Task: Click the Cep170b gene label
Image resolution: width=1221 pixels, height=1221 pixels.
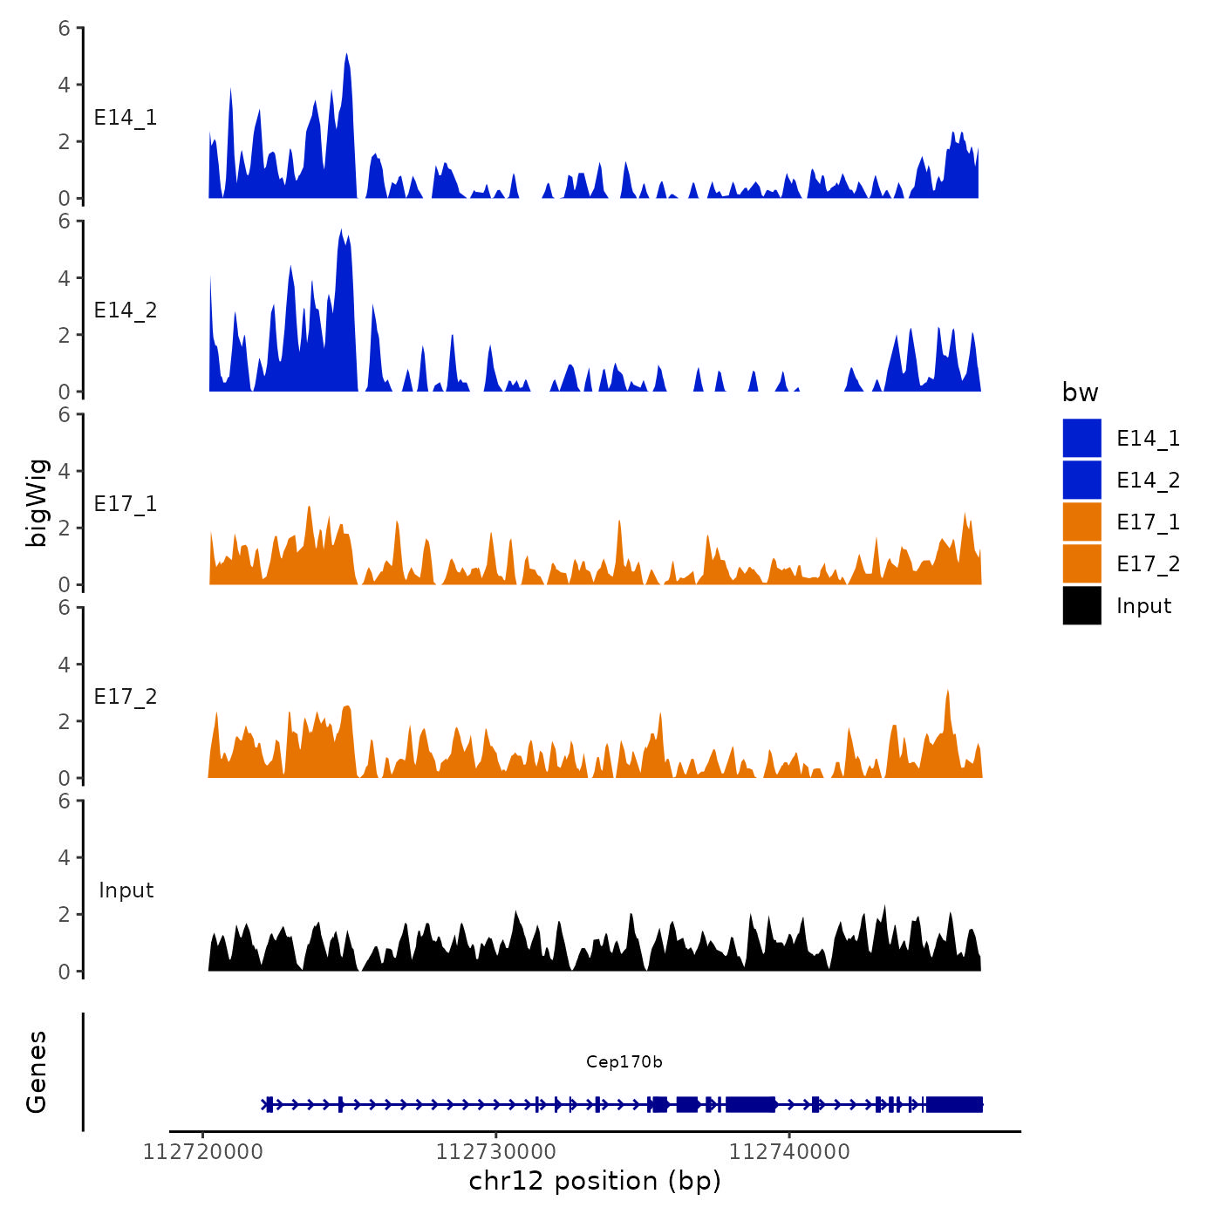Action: coord(624,1061)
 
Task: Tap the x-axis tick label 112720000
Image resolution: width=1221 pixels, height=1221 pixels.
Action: coord(202,1152)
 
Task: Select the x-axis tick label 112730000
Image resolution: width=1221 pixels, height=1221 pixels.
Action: coord(495,1152)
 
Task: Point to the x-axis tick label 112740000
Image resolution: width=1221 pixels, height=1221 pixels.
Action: coord(788,1152)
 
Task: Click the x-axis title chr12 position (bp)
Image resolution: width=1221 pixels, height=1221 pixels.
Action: coord(595,1181)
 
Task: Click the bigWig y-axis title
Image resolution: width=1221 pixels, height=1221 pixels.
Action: coord(37,502)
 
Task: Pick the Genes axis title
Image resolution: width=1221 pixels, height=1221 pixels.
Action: coord(37,1072)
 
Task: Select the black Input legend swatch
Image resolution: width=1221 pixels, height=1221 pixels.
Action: coord(1081,605)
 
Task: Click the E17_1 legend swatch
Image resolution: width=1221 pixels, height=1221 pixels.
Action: coord(1081,522)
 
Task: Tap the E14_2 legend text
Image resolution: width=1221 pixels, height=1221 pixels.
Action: coord(1148,481)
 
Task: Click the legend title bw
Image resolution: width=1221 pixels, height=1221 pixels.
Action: coord(1080,392)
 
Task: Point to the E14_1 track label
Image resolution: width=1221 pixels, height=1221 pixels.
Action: coord(126,118)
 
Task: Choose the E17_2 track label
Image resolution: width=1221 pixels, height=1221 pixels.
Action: coord(126,697)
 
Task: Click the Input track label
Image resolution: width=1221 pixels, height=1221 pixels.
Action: coord(126,890)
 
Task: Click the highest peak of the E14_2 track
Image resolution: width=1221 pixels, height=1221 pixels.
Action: coord(342,232)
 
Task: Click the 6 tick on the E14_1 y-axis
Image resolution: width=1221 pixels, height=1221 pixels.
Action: coord(65,28)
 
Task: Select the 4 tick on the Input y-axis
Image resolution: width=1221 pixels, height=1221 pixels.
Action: coord(65,857)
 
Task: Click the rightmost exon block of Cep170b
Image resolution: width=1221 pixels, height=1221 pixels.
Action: coord(954,1105)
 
